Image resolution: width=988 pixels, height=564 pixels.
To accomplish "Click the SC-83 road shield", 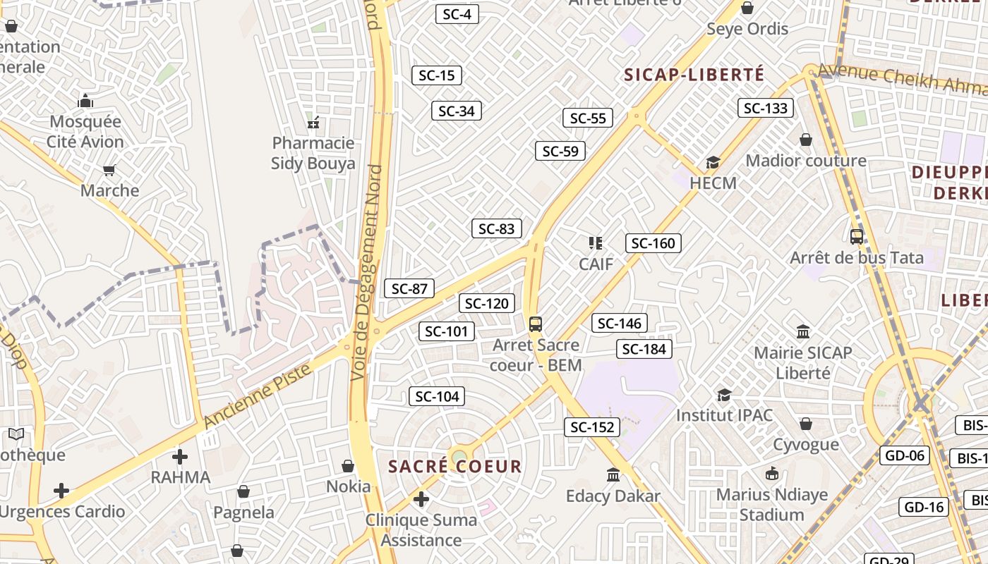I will pos(497,228).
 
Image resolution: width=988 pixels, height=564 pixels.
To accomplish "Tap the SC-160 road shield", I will pos(653,243).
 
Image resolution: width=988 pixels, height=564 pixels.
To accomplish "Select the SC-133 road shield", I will pos(766,108).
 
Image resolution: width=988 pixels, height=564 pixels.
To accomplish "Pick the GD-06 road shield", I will pos(905,455).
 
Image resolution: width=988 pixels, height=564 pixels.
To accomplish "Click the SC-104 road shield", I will pos(438,396).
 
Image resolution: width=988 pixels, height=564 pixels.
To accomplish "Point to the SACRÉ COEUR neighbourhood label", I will pos(455,466).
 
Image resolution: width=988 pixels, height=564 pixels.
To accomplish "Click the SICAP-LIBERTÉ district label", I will pos(694,75).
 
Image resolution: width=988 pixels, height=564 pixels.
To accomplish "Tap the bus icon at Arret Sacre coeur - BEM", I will pos(536,324).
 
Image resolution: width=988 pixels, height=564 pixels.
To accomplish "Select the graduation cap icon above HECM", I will pos(713,163).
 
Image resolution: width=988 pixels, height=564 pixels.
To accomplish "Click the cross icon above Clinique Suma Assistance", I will pos(421,500).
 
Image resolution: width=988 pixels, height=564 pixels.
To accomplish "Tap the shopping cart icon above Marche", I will pos(109,170).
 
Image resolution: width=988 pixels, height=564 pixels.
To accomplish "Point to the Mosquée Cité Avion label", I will pos(85,132).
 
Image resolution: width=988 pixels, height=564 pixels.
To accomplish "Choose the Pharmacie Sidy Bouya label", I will pos(313,154).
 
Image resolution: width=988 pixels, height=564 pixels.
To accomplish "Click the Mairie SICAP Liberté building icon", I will pos(803,331).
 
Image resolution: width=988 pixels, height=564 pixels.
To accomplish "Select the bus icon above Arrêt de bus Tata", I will pos(857,237).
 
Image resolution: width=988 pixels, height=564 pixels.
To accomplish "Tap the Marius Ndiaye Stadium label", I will pos(772,505).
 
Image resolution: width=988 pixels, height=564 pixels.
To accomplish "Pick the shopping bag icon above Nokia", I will pos(348,466).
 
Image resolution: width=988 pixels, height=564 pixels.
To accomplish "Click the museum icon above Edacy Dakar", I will pos(613,475).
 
